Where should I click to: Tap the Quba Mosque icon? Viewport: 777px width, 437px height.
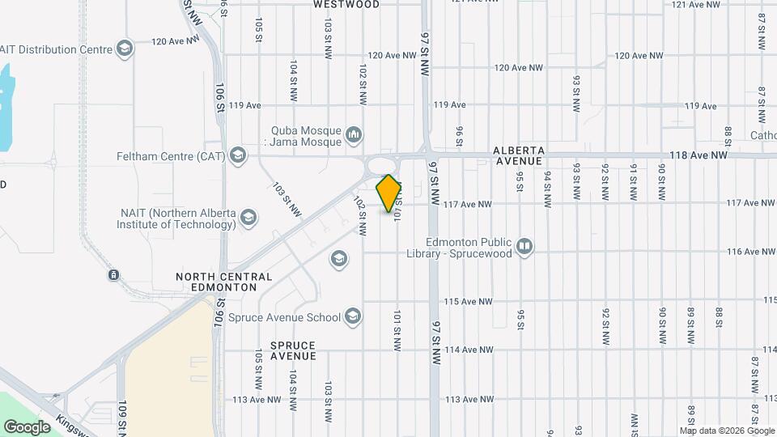coord(353,134)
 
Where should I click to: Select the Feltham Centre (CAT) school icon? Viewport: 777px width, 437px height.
coord(237,155)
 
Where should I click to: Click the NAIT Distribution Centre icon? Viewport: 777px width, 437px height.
coord(124,49)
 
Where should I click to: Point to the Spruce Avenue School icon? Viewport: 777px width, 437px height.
coord(352,316)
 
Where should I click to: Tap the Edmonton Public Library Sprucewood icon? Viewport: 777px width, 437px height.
coord(524,245)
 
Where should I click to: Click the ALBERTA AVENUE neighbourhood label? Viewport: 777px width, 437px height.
coord(522,156)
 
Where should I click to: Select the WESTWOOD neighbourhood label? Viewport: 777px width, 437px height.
coord(346,4)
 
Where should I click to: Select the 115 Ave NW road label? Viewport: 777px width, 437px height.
coord(468,302)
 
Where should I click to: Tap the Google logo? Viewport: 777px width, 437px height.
coord(27,426)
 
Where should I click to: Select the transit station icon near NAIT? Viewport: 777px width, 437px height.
coord(114,274)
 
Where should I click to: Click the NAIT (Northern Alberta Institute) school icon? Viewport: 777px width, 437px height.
coord(248,217)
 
